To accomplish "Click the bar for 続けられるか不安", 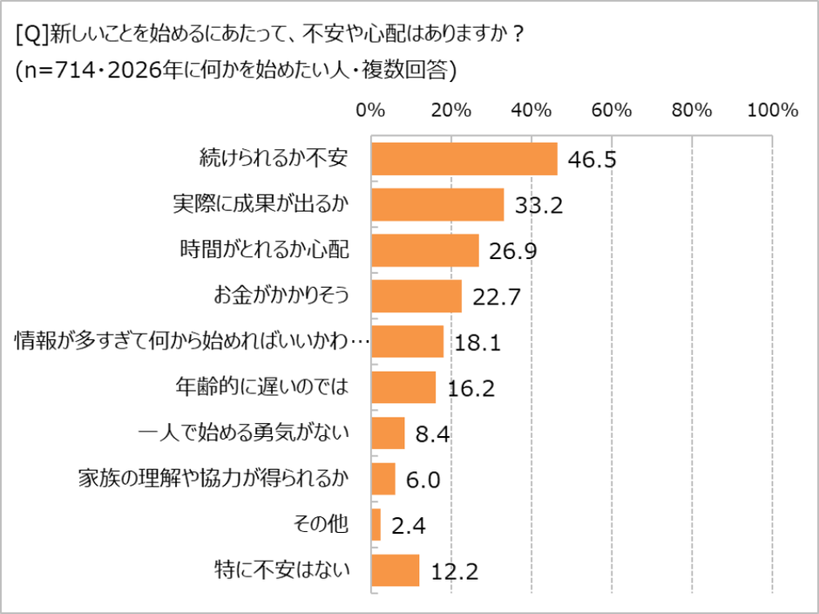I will (464, 159).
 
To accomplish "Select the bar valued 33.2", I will (437, 205).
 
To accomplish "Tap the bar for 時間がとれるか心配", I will (425, 250).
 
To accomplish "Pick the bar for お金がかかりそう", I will (416, 297).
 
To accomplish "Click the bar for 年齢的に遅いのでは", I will (403, 387).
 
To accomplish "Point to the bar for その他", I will (376, 524).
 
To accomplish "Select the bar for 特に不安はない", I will (396, 570).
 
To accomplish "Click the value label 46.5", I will (592, 160).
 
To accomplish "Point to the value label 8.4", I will (431, 434).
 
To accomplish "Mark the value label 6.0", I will (421, 480).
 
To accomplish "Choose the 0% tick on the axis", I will (371, 111).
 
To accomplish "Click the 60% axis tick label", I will (611, 111).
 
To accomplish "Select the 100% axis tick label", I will (773, 111).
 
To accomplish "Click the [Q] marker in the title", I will (30, 34).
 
